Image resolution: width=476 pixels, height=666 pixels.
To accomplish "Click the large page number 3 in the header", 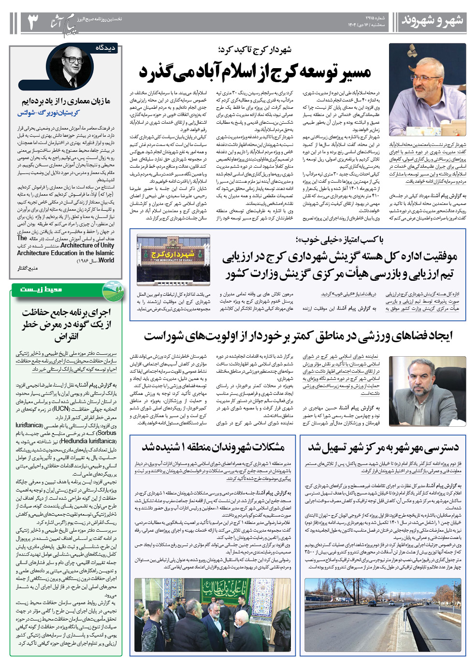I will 33,22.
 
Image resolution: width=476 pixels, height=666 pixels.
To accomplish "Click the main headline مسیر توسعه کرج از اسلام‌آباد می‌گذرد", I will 255,72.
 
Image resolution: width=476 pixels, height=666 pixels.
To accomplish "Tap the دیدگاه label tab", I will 105,48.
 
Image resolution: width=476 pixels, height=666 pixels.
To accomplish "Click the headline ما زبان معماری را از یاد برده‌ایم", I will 66,101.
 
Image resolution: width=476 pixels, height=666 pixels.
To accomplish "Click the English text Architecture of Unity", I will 87,245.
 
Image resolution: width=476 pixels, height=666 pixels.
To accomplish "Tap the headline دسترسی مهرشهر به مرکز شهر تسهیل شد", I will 383,447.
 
